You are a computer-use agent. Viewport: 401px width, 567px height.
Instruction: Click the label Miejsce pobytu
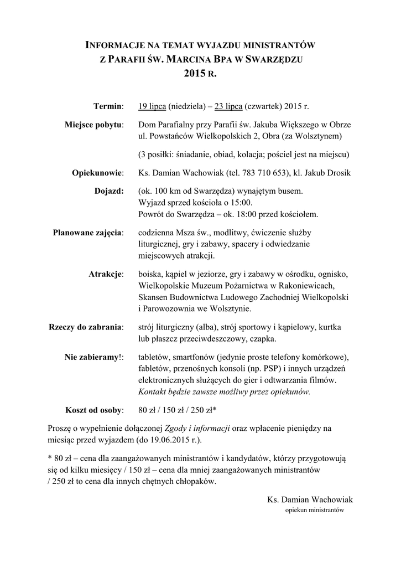coord(93,125)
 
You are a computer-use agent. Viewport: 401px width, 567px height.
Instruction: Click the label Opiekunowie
coord(97,173)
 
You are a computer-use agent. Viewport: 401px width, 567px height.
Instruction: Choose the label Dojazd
coord(110,191)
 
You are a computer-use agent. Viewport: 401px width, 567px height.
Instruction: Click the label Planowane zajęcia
coord(88,232)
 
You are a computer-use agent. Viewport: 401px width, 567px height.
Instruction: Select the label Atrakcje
coord(106,274)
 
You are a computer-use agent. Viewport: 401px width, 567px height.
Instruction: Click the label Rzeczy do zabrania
coord(86,327)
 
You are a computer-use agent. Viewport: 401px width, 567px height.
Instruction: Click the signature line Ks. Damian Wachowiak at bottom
coord(309,499)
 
